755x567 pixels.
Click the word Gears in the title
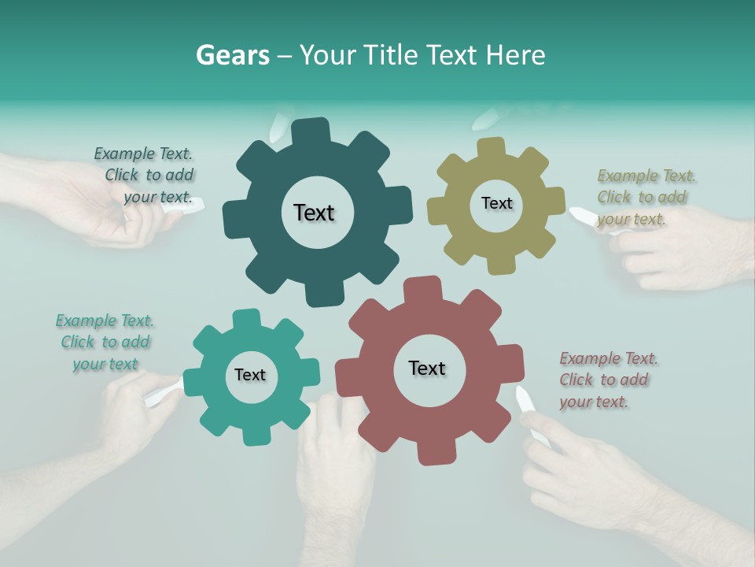click(x=231, y=55)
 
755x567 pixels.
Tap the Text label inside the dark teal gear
click(x=314, y=213)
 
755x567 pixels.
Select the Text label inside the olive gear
click(x=496, y=203)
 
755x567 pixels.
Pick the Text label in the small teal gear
click(x=250, y=375)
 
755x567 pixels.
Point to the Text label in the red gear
click(x=427, y=368)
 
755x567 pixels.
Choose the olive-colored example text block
click(x=646, y=197)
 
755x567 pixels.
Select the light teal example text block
click(x=105, y=342)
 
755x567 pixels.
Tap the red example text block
click(x=609, y=380)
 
